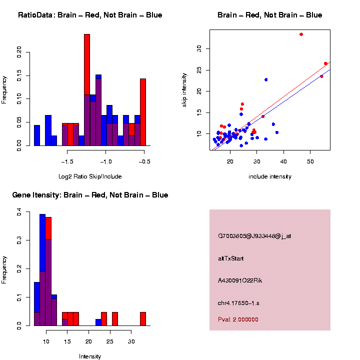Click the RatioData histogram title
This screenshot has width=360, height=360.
click(90, 15)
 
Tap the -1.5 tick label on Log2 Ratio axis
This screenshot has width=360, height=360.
click(67, 162)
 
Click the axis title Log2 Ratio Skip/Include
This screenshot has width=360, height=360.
click(90, 176)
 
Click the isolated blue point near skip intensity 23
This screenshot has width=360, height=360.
click(266, 79)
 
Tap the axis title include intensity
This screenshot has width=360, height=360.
click(270, 176)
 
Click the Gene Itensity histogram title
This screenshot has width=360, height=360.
click(90, 195)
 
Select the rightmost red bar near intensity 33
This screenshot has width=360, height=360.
click(143, 318)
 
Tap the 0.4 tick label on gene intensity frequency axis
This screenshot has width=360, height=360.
click(19, 212)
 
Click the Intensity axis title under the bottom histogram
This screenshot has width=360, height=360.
click(90, 356)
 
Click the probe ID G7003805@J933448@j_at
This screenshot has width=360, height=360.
click(254, 235)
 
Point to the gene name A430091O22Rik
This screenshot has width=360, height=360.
click(240, 280)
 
